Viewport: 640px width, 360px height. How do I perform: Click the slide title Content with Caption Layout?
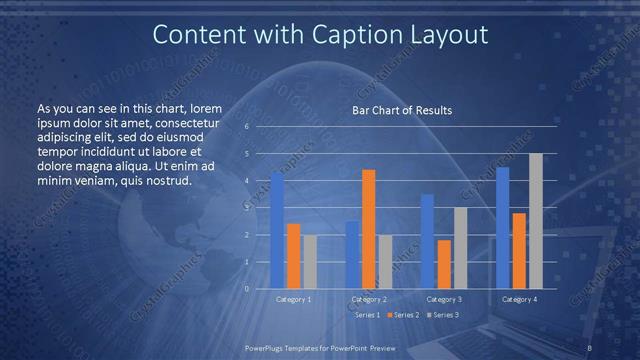pos(320,35)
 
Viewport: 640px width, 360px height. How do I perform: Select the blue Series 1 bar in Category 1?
pos(277,230)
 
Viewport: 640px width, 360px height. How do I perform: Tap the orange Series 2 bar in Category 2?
pos(368,229)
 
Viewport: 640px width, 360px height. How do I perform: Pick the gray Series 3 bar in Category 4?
pos(535,221)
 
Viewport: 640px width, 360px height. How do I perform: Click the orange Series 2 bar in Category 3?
pos(444,264)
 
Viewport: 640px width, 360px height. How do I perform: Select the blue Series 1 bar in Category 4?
pos(503,227)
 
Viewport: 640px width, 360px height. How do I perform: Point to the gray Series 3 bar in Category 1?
pos(309,261)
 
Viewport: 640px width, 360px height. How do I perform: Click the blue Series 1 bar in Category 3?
pos(428,241)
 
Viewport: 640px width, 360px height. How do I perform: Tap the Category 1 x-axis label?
pos(293,299)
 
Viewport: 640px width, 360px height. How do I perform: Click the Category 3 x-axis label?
pos(444,299)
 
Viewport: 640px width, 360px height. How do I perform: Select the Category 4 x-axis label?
pos(519,299)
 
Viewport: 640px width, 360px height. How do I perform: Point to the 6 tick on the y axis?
pos(246,127)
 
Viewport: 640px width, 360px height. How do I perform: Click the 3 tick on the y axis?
pos(246,208)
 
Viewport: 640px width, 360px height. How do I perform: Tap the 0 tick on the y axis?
pos(246,288)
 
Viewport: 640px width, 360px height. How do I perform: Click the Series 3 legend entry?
pos(443,315)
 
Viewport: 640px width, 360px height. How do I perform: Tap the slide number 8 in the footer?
pos(590,346)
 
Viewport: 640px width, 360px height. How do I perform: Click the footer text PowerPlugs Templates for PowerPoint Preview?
pos(320,346)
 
